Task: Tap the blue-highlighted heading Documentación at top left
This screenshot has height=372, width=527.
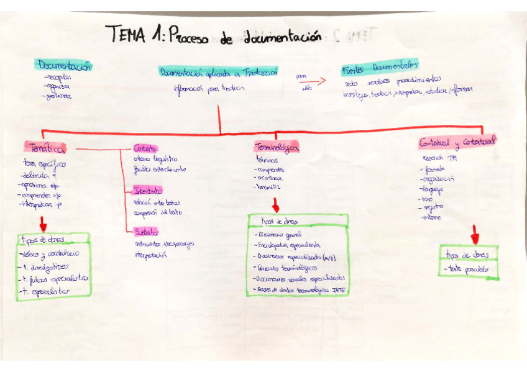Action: click(x=65, y=65)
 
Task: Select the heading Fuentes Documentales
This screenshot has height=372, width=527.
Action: click(x=380, y=66)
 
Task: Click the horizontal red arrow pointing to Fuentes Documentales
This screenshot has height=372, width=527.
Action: click(x=317, y=81)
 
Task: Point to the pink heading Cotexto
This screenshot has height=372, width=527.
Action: click(x=145, y=148)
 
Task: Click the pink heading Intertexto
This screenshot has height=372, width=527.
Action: click(x=147, y=190)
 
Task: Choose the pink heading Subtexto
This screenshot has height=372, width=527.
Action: click(x=146, y=232)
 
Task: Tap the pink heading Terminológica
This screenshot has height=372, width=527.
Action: click(x=277, y=148)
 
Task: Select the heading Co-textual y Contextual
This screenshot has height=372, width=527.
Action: click(x=457, y=142)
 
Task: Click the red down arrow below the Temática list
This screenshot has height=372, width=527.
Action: click(x=43, y=223)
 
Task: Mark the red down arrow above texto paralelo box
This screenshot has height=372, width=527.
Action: click(x=475, y=234)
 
